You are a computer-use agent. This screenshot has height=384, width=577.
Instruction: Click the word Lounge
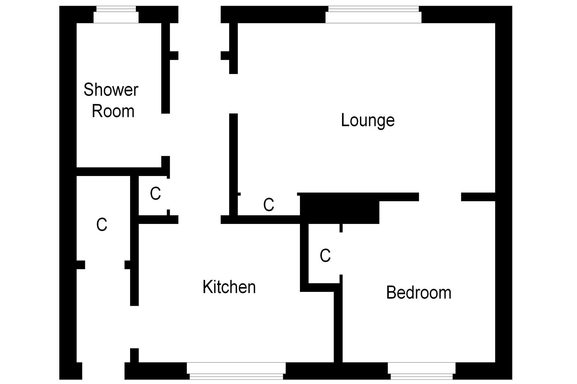pos(367,121)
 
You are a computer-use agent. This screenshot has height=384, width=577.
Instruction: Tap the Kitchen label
pos(229,287)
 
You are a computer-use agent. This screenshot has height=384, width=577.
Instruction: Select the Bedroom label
pos(419,293)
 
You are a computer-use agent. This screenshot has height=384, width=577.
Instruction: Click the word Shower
pos(111,90)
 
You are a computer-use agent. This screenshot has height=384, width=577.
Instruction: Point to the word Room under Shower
pos(113,111)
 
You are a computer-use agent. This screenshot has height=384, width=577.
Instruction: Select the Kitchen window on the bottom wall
pos(236,371)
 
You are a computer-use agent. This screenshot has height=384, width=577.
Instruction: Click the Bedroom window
pos(421,371)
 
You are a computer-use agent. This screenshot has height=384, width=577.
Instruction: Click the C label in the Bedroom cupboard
pos(325,256)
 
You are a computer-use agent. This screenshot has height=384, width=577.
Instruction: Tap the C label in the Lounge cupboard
pos(269,205)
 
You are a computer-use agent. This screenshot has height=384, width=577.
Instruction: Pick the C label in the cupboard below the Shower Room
pos(155,194)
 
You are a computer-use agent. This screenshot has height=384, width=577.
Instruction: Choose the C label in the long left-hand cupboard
pos(102,225)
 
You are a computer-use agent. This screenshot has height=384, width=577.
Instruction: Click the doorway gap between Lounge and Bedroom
pos(440,197)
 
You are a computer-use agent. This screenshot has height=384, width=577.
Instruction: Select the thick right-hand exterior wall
pos(503,192)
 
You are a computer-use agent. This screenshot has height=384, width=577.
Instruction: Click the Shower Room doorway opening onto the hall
pos(166,135)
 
